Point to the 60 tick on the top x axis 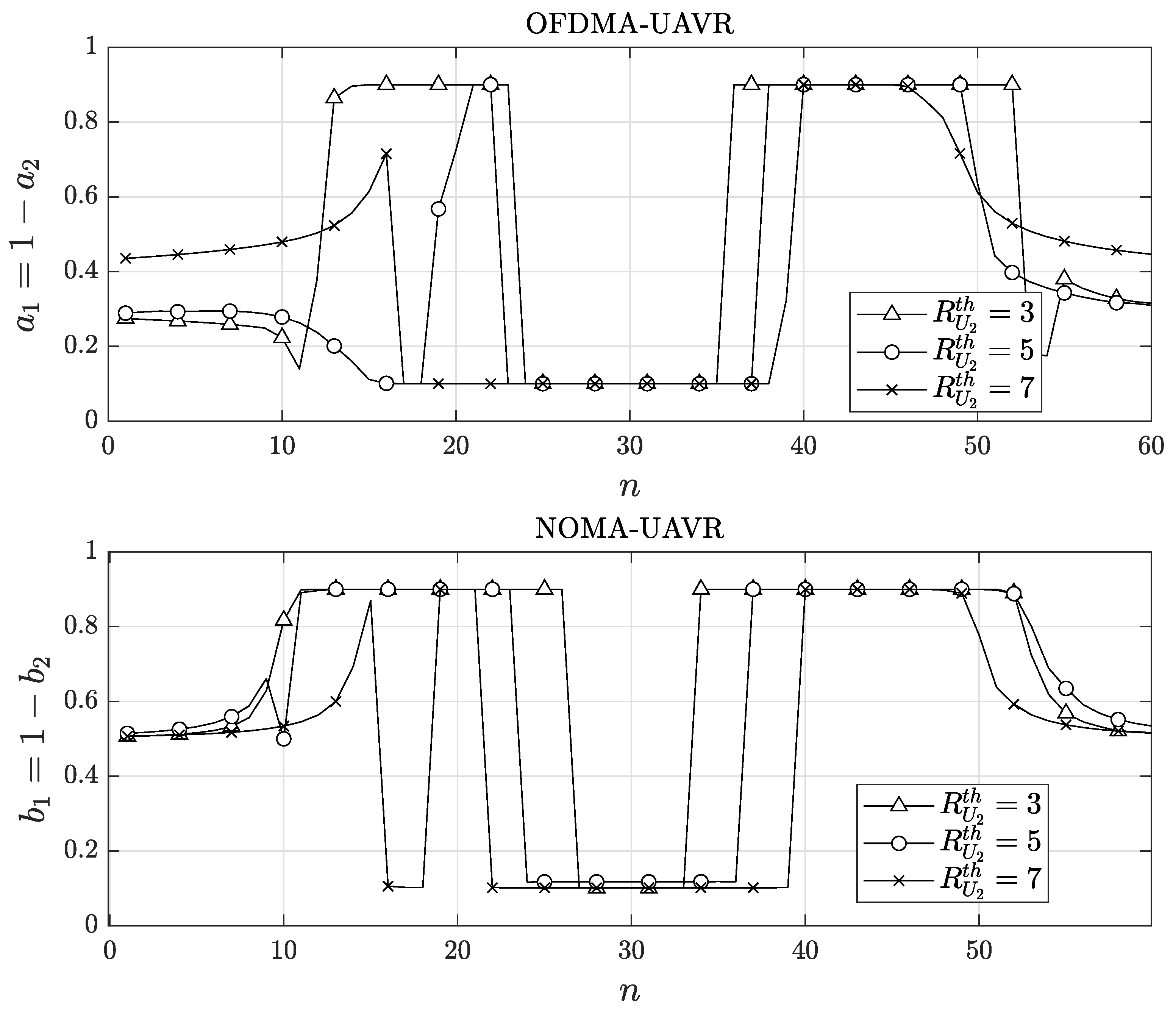tap(1150, 447)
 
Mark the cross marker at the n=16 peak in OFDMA tap(386, 154)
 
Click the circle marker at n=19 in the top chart tap(438, 209)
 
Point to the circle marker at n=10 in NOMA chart tap(284, 739)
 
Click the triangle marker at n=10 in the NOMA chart tap(284, 619)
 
